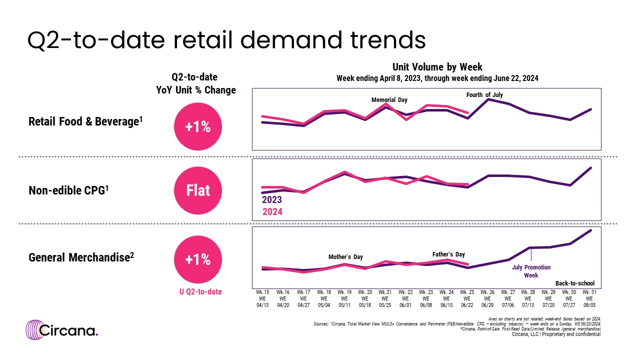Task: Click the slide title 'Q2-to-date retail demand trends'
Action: tap(226, 40)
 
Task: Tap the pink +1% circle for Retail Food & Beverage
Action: tap(198, 127)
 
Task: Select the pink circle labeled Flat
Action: tap(198, 190)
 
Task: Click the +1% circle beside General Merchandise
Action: tap(198, 260)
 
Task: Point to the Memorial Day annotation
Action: tap(389, 100)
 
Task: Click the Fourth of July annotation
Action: tap(484, 94)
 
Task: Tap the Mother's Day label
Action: tap(345, 257)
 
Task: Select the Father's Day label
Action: tap(448, 254)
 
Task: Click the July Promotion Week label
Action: tap(531, 271)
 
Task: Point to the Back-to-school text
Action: tap(574, 283)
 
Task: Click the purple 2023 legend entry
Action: tap(272, 199)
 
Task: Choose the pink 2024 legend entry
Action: tap(272, 211)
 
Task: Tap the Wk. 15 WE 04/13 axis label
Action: tap(262, 298)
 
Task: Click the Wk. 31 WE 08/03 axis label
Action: tap(591, 298)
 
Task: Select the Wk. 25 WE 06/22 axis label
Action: tap(468, 298)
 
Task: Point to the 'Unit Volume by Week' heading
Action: tap(437, 67)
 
